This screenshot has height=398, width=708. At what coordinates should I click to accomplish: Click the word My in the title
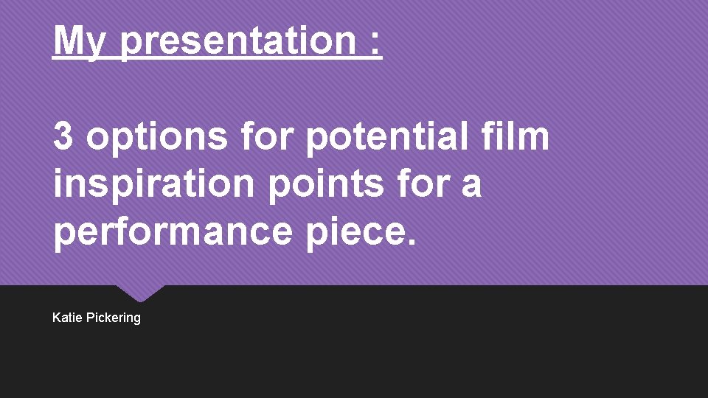[x=80, y=41]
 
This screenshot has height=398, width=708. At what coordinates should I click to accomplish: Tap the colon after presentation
[x=377, y=43]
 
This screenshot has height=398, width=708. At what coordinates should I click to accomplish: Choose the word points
[x=325, y=184]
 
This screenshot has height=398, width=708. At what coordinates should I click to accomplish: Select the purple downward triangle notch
[x=139, y=293]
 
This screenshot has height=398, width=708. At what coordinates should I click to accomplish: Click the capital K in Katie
[x=57, y=318]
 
